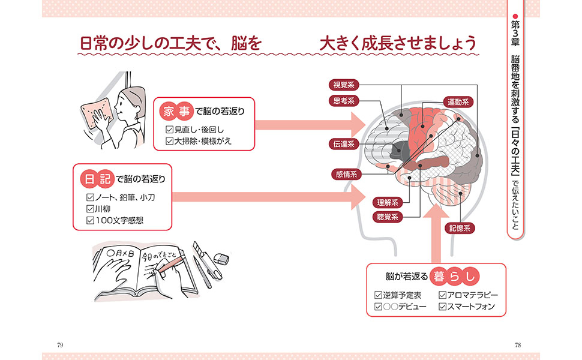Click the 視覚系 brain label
pyautogui.click(x=344, y=85)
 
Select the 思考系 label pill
pyautogui.click(x=344, y=101)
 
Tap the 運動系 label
pyautogui.click(x=458, y=101)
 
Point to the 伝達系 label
pyautogui.click(x=344, y=144)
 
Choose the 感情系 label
pyautogui.click(x=346, y=174)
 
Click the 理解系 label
pyautogui.click(x=388, y=203)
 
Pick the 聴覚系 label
pyautogui.click(x=388, y=217)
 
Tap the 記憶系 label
pyautogui.click(x=460, y=228)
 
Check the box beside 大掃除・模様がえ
pyautogui.click(x=170, y=141)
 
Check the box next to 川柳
pyautogui.click(x=90, y=209)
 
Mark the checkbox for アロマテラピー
pyautogui.click(x=442, y=295)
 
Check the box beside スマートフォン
pyautogui.click(x=442, y=307)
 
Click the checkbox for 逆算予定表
pyautogui.click(x=378, y=295)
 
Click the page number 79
pyautogui.click(x=60, y=345)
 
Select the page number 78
pyautogui.click(x=518, y=345)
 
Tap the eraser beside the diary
pyautogui.click(x=221, y=259)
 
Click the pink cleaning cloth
pyautogui.click(x=96, y=113)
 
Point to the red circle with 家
pyautogui.click(x=169, y=112)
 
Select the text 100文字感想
pyautogui.click(x=119, y=220)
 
